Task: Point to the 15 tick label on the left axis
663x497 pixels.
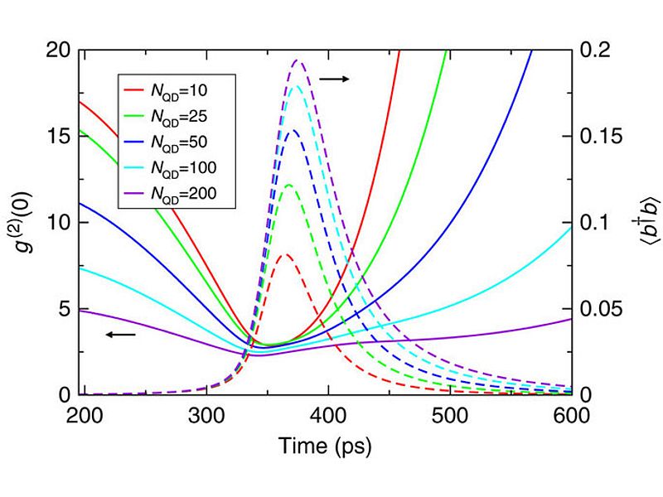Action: [60, 137]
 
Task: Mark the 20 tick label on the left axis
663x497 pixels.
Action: [60, 51]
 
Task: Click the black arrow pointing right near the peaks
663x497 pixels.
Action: [335, 79]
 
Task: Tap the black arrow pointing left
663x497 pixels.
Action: [121, 335]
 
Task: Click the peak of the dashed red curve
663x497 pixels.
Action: [284, 255]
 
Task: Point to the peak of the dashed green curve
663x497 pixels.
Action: [288, 185]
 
